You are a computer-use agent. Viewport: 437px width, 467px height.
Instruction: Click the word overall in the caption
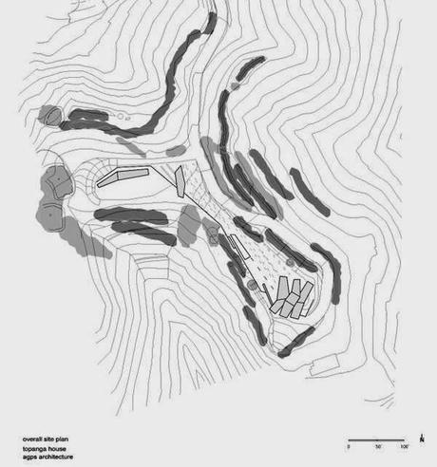pos(35,438)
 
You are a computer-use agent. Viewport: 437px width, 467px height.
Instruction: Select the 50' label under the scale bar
pos(377,445)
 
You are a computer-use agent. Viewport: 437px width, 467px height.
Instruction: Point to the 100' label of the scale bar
pos(404,445)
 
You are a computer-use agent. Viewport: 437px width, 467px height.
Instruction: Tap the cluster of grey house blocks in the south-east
pos(292,298)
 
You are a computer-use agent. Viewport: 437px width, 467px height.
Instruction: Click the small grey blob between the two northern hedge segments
pos(174,151)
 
